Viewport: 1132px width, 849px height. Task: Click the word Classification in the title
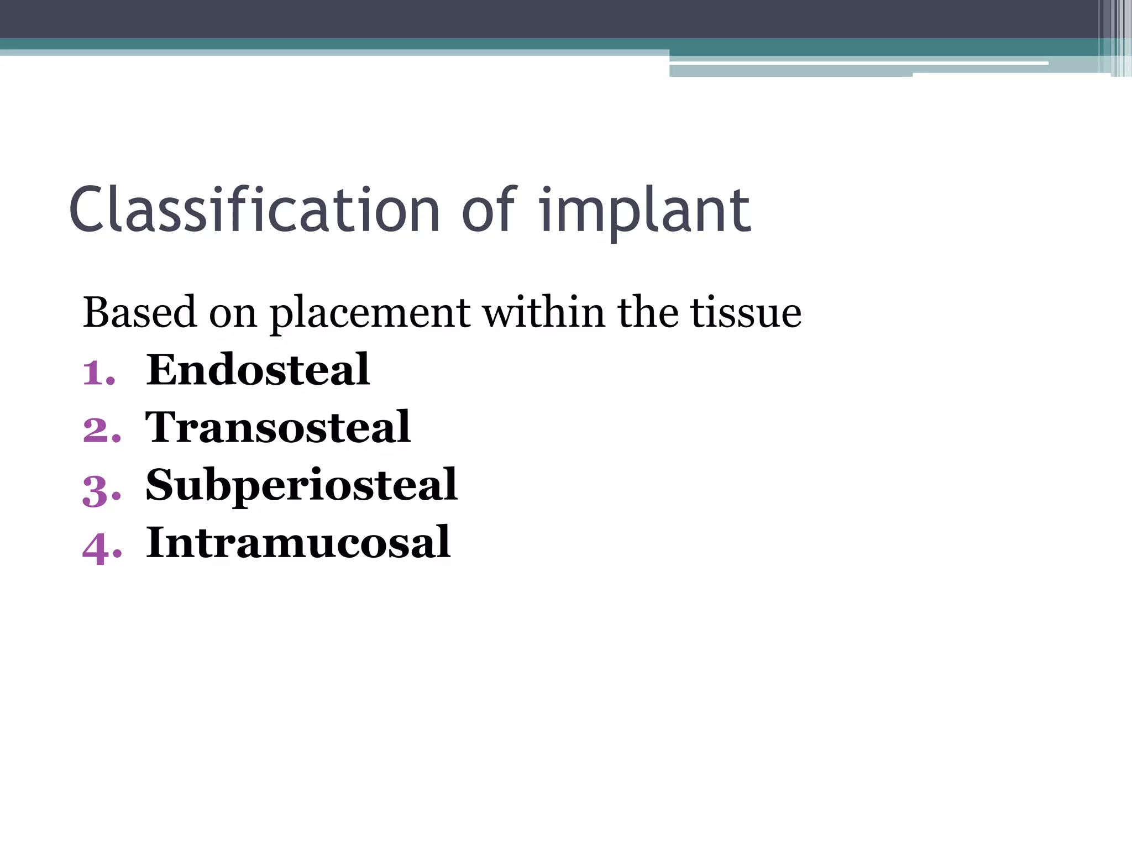pyautogui.click(x=254, y=210)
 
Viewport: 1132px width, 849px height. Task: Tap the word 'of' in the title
pyautogui.click(x=489, y=210)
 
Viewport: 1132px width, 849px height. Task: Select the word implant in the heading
pyautogui.click(x=644, y=213)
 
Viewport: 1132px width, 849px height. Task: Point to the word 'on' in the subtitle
pyautogui.click(x=233, y=314)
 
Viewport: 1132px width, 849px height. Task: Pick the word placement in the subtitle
pyautogui.click(x=370, y=314)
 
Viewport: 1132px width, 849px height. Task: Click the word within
pyautogui.click(x=544, y=313)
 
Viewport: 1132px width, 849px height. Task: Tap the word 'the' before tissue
pyautogui.click(x=647, y=313)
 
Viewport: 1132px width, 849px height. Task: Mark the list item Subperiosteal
pyautogui.click(x=301, y=485)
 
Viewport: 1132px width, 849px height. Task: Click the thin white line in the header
pyautogui.click(x=857, y=64)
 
